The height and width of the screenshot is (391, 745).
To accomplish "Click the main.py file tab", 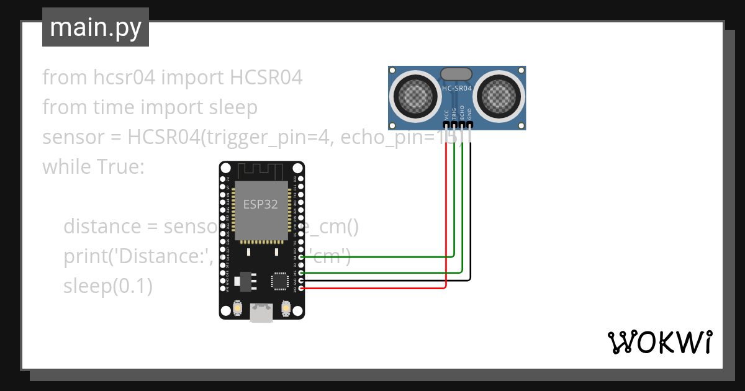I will pos(95,27).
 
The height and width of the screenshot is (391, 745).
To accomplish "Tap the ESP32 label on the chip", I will pos(260,204).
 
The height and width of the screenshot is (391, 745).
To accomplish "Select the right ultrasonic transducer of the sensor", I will pos(500,96).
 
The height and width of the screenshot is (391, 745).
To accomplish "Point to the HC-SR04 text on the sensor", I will pos(456,89).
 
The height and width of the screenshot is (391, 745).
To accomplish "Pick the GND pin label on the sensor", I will pos(470,114).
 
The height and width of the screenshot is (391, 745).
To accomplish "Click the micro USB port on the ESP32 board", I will pos(261,313).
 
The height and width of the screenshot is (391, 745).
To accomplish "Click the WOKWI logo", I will pos(659,342).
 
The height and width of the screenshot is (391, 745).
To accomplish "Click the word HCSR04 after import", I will pos(266,78).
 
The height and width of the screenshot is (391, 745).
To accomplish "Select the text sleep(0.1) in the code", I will pos(107,286).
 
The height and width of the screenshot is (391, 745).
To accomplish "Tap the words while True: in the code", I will pos(93,166).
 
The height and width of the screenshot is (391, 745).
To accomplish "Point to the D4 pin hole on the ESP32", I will pos(301,257).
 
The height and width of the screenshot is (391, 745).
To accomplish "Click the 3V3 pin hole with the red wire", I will pos(301,289).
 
